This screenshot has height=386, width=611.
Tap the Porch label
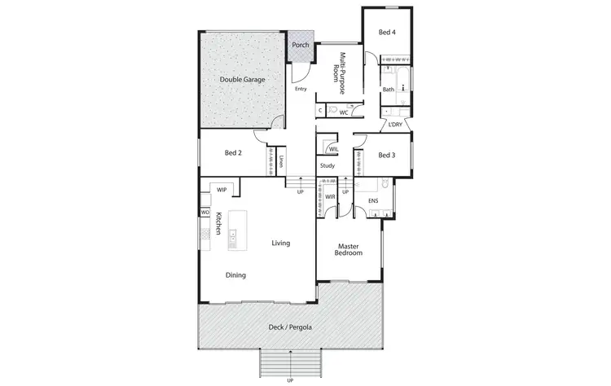pyautogui.click(x=301, y=45)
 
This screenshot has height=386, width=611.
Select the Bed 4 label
pyautogui.click(x=388, y=32)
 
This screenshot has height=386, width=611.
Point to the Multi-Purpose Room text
pyautogui.click(x=338, y=71)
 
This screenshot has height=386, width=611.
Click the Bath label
pyautogui.click(x=389, y=90)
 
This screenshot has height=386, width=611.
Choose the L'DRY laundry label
pyautogui.click(x=396, y=125)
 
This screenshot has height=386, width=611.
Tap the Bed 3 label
pyautogui.click(x=387, y=155)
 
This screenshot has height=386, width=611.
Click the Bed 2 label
pyautogui.click(x=233, y=152)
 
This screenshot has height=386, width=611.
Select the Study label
pyautogui.click(x=327, y=166)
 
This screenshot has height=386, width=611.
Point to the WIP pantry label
pyautogui.click(x=222, y=190)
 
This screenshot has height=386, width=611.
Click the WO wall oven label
pyautogui.click(x=204, y=213)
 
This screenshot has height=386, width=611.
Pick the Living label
pyautogui.click(x=281, y=243)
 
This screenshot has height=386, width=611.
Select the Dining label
pyautogui.click(x=235, y=275)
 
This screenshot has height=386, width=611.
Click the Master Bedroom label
pyautogui.click(x=348, y=250)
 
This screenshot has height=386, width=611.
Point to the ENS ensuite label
pyautogui.click(x=373, y=200)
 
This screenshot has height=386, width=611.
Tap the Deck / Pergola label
pyautogui.click(x=290, y=327)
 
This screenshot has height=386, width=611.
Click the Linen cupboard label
pyautogui.click(x=281, y=160)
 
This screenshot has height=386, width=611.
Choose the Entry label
pyautogui.click(x=301, y=89)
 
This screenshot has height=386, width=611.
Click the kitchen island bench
pyautogui.click(x=237, y=230)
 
